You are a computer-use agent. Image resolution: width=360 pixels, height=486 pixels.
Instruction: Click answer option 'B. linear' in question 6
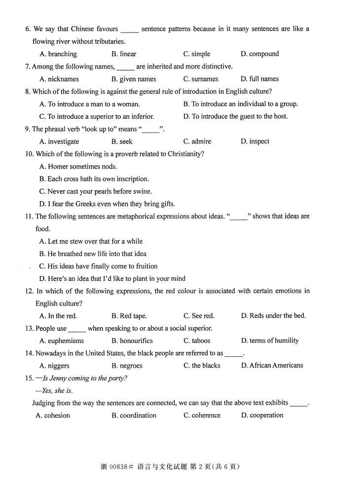pos(124,54)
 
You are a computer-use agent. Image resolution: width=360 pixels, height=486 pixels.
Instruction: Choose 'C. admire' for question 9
pos(197,141)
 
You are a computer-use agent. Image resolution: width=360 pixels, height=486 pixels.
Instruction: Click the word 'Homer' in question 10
pos(58,167)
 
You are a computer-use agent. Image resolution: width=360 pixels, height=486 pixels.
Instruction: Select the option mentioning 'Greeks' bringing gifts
pos(107,204)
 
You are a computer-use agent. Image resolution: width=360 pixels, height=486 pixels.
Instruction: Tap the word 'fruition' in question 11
pos(144,266)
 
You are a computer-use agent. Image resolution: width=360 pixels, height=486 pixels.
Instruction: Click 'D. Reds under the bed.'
pos(273,316)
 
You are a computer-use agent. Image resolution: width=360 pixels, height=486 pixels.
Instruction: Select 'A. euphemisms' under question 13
pos(62,341)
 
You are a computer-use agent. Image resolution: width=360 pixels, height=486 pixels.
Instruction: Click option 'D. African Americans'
pos(272,366)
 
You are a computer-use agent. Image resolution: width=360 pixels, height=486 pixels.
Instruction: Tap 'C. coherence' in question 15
pos(202,416)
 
